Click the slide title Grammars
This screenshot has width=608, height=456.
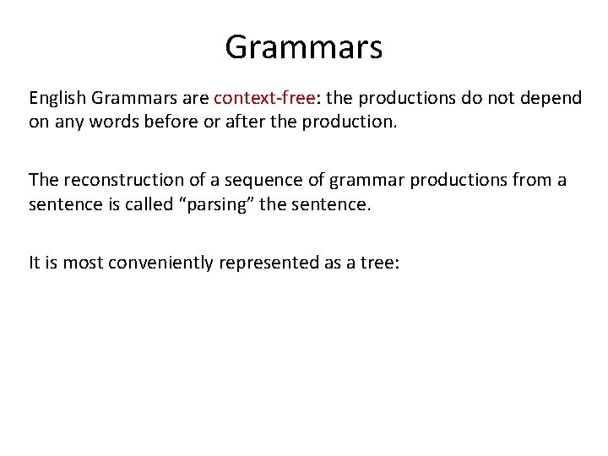[x=303, y=46]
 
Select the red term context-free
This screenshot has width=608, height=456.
[x=265, y=98]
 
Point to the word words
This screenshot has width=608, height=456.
[x=117, y=122]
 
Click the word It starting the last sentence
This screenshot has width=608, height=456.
[x=35, y=262]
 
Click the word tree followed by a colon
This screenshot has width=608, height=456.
[x=380, y=262]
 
